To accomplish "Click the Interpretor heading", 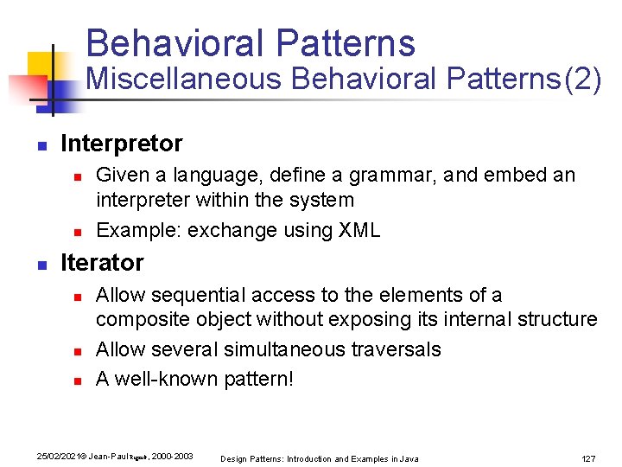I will click(122, 143).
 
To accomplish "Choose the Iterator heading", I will click(102, 262).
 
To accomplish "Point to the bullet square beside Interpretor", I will click(41, 144).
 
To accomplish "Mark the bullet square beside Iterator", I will click(41, 264).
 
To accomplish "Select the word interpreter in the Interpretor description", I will click(139, 200).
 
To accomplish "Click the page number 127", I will click(589, 458).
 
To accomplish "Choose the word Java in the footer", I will click(409, 458).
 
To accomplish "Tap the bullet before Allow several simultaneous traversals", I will click(76, 351).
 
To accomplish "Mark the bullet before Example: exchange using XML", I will click(76, 232).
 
